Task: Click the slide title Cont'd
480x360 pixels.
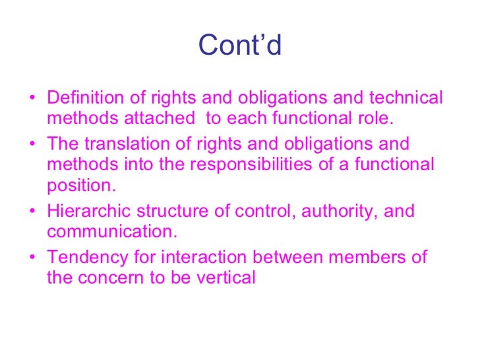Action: click(240, 45)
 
